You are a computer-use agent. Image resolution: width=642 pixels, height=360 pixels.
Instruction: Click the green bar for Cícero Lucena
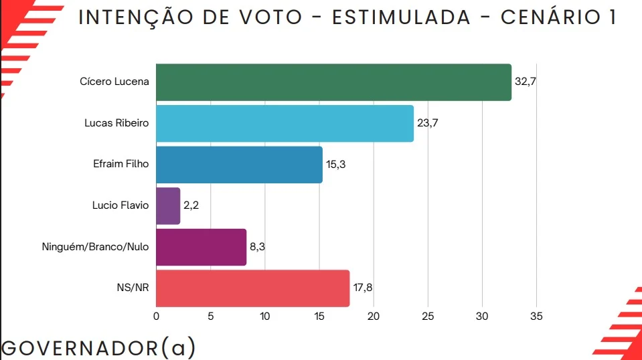coord(333,82)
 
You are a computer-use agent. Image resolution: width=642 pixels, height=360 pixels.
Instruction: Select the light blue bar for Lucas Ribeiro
coord(285,123)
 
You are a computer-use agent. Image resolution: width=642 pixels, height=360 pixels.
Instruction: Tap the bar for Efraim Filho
coord(239,165)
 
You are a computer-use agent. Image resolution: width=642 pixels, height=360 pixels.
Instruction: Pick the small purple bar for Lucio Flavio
coord(168,205)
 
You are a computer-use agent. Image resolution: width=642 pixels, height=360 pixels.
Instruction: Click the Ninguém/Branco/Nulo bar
coord(201,247)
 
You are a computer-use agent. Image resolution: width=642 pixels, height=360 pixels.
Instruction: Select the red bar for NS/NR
coord(252,288)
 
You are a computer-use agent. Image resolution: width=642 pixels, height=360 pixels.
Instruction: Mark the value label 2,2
coord(191,205)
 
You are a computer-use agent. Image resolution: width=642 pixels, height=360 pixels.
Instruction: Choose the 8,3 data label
coord(257,247)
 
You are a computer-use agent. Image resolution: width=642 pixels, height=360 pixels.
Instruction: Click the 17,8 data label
coord(362,288)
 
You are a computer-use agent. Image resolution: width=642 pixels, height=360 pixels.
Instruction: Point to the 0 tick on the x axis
coord(156,317)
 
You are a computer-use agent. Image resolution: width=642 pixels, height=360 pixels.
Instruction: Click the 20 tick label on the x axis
coord(374,317)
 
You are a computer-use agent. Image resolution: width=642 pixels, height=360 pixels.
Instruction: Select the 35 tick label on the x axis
coord(536,317)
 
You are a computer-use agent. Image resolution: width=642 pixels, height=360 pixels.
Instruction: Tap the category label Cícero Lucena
coord(114,82)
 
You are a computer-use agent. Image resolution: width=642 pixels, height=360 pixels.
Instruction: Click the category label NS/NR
coord(133,288)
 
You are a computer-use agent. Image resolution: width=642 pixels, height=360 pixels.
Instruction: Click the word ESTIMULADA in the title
coord(401,18)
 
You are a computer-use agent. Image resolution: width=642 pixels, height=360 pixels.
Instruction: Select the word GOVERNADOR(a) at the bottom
coord(98,348)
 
